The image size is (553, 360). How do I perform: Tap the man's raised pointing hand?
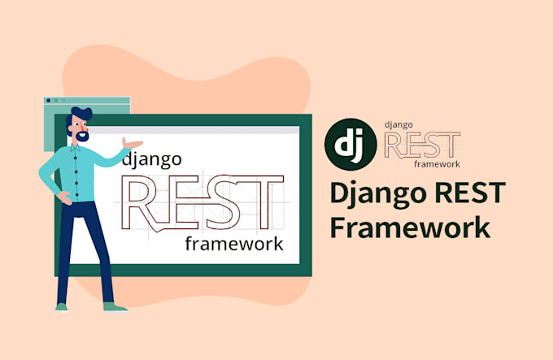point(127,145)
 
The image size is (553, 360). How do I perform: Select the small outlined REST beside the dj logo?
point(421,145)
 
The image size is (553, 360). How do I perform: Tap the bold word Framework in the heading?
point(410,228)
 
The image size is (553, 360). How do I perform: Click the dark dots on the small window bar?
point(53,101)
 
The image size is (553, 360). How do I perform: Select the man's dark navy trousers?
point(81,244)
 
